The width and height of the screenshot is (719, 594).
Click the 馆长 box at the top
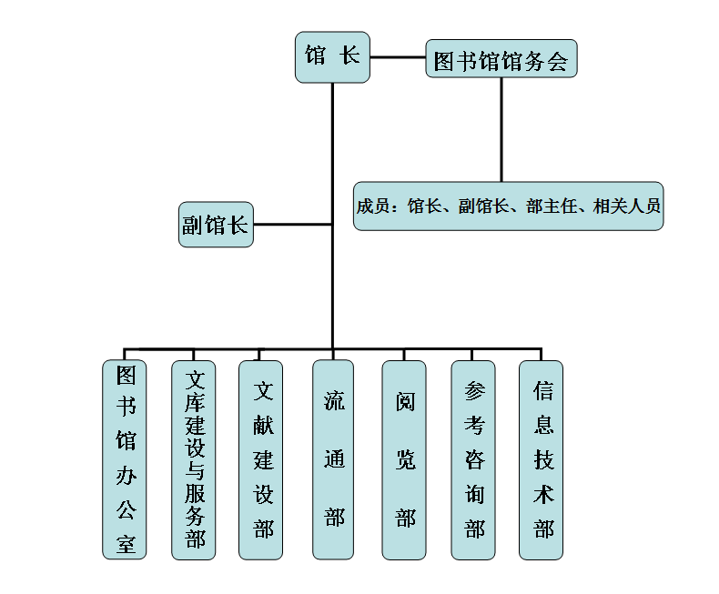click(332, 56)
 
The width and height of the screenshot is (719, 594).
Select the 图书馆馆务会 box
click(501, 61)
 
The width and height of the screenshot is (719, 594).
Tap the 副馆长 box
click(216, 224)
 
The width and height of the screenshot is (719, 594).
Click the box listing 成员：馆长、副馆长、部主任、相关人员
click(508, 206)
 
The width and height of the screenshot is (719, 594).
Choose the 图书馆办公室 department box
click(125, 459)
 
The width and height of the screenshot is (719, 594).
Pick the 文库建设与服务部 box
click(194, 459)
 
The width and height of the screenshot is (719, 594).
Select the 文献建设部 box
click(261, 459)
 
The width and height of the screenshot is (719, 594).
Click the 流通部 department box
click(333, 459)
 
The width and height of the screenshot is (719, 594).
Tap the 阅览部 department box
click(404, 459)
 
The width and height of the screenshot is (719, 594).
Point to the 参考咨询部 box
click(473, 459)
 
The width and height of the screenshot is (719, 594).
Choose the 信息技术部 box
click(542, 459)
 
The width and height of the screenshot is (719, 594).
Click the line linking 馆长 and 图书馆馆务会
click(398, 57)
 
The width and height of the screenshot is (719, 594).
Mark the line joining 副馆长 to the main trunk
click(292, 224)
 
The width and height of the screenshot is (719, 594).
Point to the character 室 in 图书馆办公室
click(125, 544)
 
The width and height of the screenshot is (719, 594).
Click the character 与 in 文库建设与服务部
click(195, 471)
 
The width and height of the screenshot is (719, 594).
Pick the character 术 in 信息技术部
click(543, 495)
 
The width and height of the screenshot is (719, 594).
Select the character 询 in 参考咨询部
click(474, 495)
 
